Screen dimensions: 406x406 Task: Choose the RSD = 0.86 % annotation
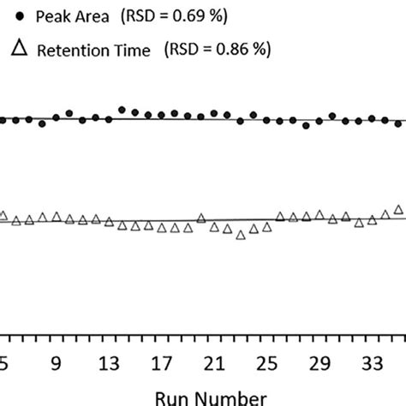coord(222,51)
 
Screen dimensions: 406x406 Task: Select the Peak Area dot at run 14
coord(122,110)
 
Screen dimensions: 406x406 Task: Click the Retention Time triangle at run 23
coord(241,234)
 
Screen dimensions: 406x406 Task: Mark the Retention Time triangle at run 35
coord(398,209)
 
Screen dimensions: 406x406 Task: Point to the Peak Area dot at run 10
coord(69,113)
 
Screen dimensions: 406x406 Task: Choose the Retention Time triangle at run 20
coord(201,218)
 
